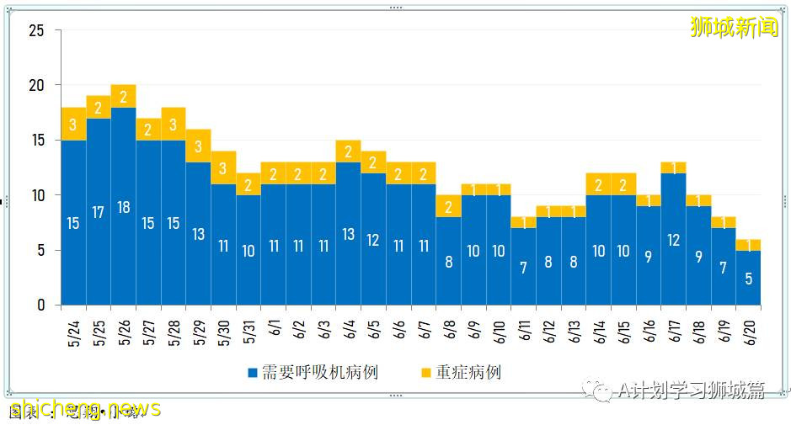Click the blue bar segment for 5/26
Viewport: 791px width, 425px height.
coord(124,206)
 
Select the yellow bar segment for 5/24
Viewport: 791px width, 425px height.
coord(73,124)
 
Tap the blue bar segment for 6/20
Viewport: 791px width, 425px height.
coord(749,278)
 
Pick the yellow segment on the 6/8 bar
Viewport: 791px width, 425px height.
coord(449,206)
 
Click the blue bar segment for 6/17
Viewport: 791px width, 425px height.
coord(674,239)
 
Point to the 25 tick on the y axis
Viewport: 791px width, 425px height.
coord(36,31)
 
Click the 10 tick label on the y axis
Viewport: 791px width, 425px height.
coord(36,195)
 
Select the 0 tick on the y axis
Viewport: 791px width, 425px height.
coord(40,305)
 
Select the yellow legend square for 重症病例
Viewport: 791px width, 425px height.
coord(425,372)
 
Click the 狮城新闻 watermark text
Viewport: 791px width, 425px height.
coord(734,28)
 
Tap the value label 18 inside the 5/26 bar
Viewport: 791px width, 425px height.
coord(124,207)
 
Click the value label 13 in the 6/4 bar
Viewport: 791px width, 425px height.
coord(349,235)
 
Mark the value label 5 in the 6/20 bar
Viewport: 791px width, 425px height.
coord(749,279)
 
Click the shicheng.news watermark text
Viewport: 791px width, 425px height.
coord(84,409)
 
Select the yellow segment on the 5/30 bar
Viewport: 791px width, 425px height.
coord(223,167)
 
